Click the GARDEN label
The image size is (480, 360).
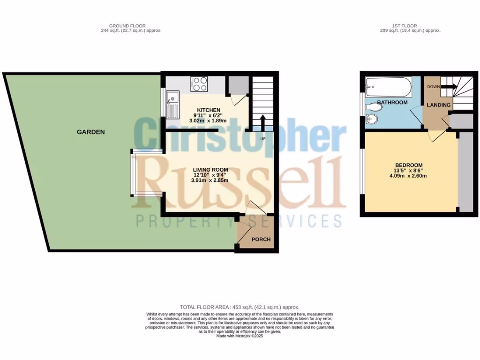pos(90,132)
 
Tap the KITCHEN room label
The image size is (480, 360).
pos(208,110)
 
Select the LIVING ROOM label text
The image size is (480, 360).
pos(210,170)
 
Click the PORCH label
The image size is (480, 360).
pos(261,240)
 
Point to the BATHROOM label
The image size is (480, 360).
pos(392,102)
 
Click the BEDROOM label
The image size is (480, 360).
pos(409,165)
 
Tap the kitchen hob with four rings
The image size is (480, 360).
pos(200,84)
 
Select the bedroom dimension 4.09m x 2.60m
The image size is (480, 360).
pos(409,176)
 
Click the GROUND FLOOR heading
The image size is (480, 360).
pos(127,26)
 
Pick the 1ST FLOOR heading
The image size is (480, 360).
pos(405,26)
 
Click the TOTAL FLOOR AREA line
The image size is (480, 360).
pos(240,307)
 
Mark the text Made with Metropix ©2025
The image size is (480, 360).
pos(240,336)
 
